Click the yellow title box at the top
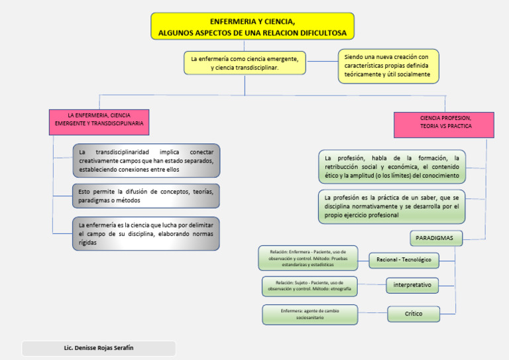pos(253,27)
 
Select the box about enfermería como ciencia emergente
pos(244,63)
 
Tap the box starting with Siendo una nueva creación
pos(388,66)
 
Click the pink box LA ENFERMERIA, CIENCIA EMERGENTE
pos(99,119)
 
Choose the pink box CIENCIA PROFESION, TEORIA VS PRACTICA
pos(445,122)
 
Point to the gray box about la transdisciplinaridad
pos(146,160)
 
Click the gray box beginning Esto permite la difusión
pos(146,196)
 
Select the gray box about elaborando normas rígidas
pos(146,233)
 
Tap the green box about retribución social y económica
pos(392,167)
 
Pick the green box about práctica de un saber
pos(392,206)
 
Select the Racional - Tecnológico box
pos(404,260)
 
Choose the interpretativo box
pos(412,285)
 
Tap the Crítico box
pos(414,313)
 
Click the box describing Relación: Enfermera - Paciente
pos(308,258)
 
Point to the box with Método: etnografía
pos(310,286)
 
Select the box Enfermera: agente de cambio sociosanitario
pos(310,314)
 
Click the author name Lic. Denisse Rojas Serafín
pos(99,349)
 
